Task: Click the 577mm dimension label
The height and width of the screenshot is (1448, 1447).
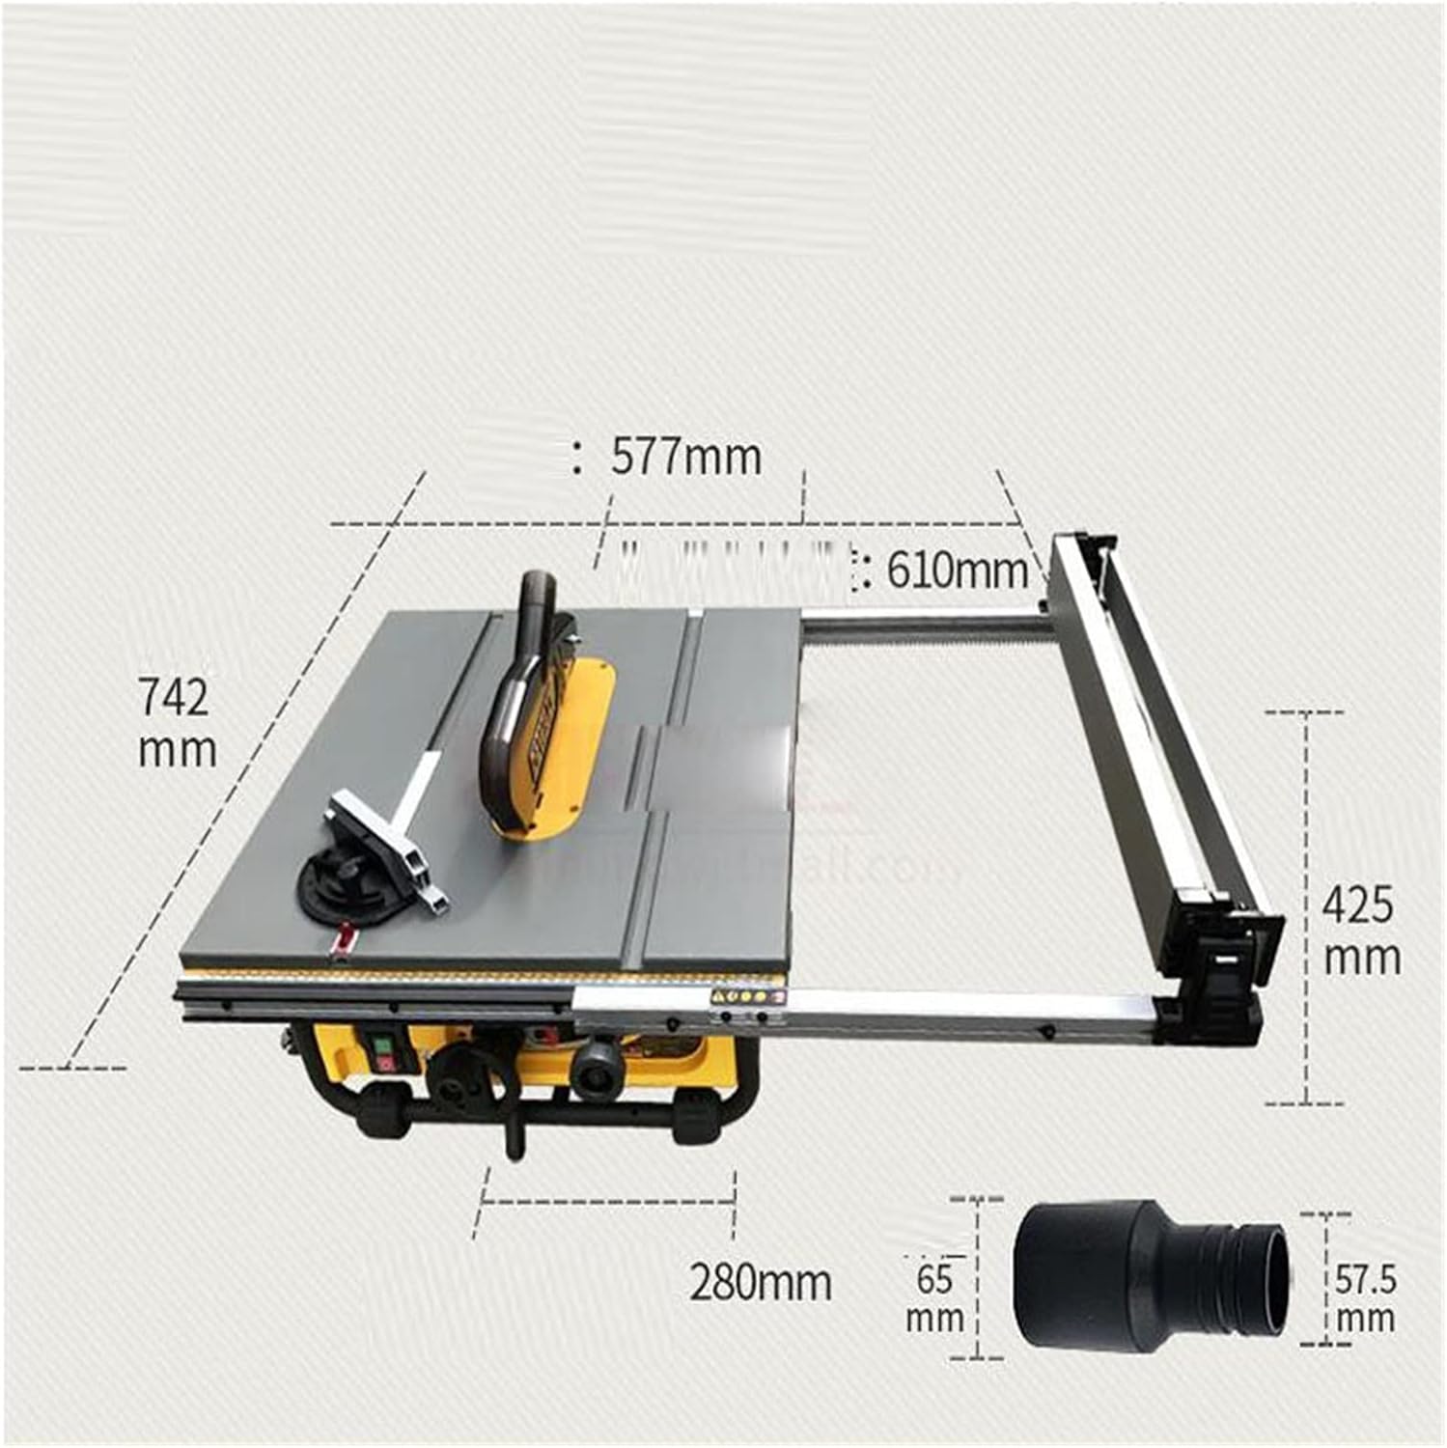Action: click(685, 456)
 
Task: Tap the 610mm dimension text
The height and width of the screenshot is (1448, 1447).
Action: click(957, 571)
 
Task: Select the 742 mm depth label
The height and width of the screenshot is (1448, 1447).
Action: click(176, 722)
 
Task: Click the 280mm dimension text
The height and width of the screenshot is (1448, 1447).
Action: click(760, 1282)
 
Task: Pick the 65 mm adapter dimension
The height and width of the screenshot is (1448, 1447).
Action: click(934, 1298)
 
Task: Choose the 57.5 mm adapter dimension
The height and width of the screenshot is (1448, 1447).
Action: click(1365, 1298)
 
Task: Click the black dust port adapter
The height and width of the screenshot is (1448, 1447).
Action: click(1149, 1274)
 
